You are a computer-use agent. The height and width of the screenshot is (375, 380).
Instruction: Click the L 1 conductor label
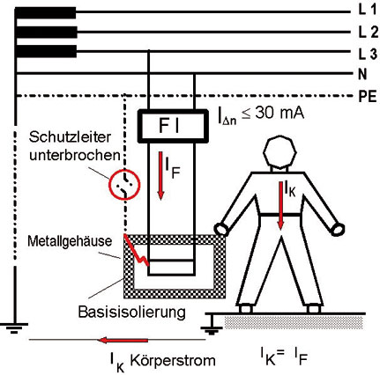pos(367,11)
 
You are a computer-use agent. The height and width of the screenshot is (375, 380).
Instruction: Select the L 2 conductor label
pos(368,33)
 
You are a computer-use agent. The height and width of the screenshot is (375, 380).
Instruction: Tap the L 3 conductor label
pos(368,54)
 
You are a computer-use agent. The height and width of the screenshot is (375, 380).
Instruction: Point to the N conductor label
pos(362,75)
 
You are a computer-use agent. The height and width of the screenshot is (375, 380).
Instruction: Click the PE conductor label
pos(368,97)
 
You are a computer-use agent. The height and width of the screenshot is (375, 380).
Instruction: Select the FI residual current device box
pos(173,126)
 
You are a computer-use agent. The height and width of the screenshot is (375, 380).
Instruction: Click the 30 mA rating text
pos(279,114)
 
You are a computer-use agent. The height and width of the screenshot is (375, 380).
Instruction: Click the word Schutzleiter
pos(71,137)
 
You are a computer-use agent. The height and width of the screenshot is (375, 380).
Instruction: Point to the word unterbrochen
pos(75,155)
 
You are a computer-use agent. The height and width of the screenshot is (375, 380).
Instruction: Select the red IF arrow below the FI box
pos(160,175)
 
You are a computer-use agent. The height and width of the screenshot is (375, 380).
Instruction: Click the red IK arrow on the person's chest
pos(281,205)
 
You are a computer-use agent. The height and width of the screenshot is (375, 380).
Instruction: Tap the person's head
pos(279,152)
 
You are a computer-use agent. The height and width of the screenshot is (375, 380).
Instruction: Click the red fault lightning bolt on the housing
pos(136,250)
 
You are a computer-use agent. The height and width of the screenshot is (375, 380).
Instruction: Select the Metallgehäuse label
pos(70,241)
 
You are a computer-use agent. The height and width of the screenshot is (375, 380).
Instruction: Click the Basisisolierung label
pos(132,312)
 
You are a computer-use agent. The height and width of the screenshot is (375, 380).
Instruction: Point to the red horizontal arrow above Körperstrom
pos(123,340)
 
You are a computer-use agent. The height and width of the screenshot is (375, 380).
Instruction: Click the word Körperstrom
pos(173,360)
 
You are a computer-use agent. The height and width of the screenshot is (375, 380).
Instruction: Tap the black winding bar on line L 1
pos(46,12)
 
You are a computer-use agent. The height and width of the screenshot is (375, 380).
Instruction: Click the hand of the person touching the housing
pos(222,229)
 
